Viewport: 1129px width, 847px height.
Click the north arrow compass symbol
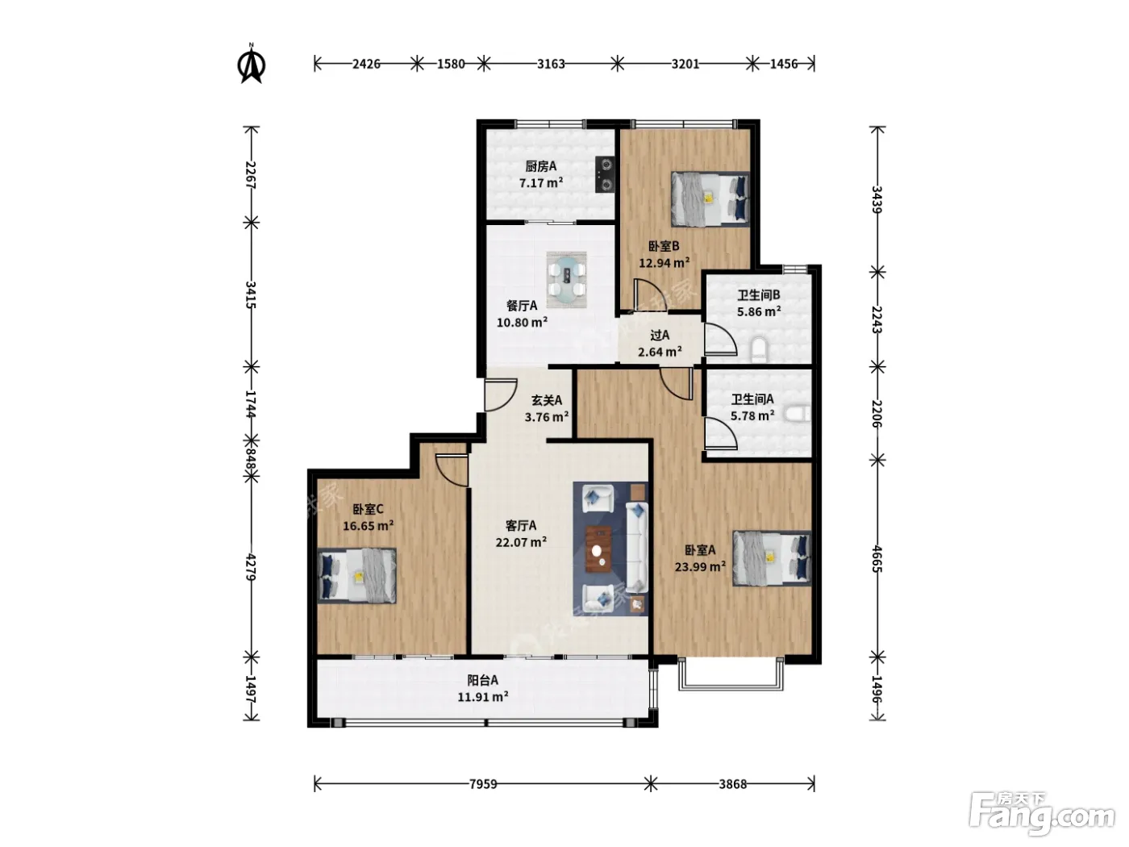(x=251, y=64)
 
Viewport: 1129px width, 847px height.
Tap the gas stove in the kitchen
(x=605, y=173)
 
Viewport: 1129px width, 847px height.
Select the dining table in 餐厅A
(x=566, y=280)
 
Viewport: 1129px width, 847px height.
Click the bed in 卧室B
(x=710, y=199)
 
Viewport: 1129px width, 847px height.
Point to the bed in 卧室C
(x=357, y=575)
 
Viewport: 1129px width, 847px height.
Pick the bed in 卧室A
(x=772, y=558)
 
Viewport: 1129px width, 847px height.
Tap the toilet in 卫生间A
(x=798, y=414)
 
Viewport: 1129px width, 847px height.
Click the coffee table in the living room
(x=598, y=549)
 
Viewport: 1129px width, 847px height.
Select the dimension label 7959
(x=483, y=784)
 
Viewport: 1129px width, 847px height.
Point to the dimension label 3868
(x=732, y=784)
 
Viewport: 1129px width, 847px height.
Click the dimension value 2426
(x=366, y=64)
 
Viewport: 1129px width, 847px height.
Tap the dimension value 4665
(x=877, y=560)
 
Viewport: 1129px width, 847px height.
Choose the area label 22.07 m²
(x=521, y=542)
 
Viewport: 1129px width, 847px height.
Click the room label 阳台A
(x=482, y=680)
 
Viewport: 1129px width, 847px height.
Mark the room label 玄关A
(x=546, y=400)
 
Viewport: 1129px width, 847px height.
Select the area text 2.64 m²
(x=660, y=352)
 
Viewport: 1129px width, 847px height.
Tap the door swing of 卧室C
(x=452, y=469)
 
